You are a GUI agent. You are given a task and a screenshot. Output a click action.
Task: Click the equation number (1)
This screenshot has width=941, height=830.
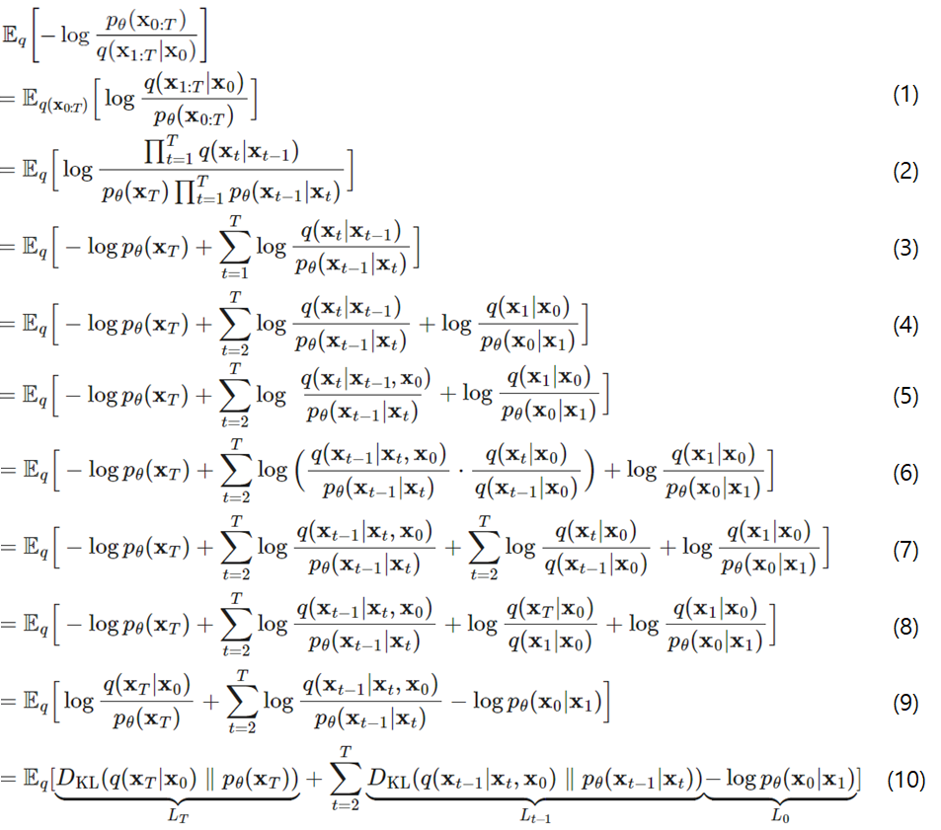coord(904,96)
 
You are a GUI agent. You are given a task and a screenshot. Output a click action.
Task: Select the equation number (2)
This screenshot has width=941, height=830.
coord(904,171)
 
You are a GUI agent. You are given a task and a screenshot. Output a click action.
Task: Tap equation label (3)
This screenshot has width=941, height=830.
coord(904,248)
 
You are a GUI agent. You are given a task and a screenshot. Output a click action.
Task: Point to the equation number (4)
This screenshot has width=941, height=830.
coord(904,325)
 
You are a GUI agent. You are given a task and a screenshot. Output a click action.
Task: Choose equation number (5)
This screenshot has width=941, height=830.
coord(904,396)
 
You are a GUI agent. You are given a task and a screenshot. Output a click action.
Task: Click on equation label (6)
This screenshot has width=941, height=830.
coord(904,472)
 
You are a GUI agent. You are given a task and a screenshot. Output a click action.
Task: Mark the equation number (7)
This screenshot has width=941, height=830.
coord(904,549)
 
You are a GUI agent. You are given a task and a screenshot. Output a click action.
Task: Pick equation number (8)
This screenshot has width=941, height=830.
coord(904,626)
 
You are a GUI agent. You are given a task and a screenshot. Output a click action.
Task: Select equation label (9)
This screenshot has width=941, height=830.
coord(904,703)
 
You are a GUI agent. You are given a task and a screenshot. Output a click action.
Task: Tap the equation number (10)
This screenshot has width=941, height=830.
coord(904,780)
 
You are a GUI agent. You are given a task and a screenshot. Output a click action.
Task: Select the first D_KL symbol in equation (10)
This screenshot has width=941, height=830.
coord(71,780)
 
